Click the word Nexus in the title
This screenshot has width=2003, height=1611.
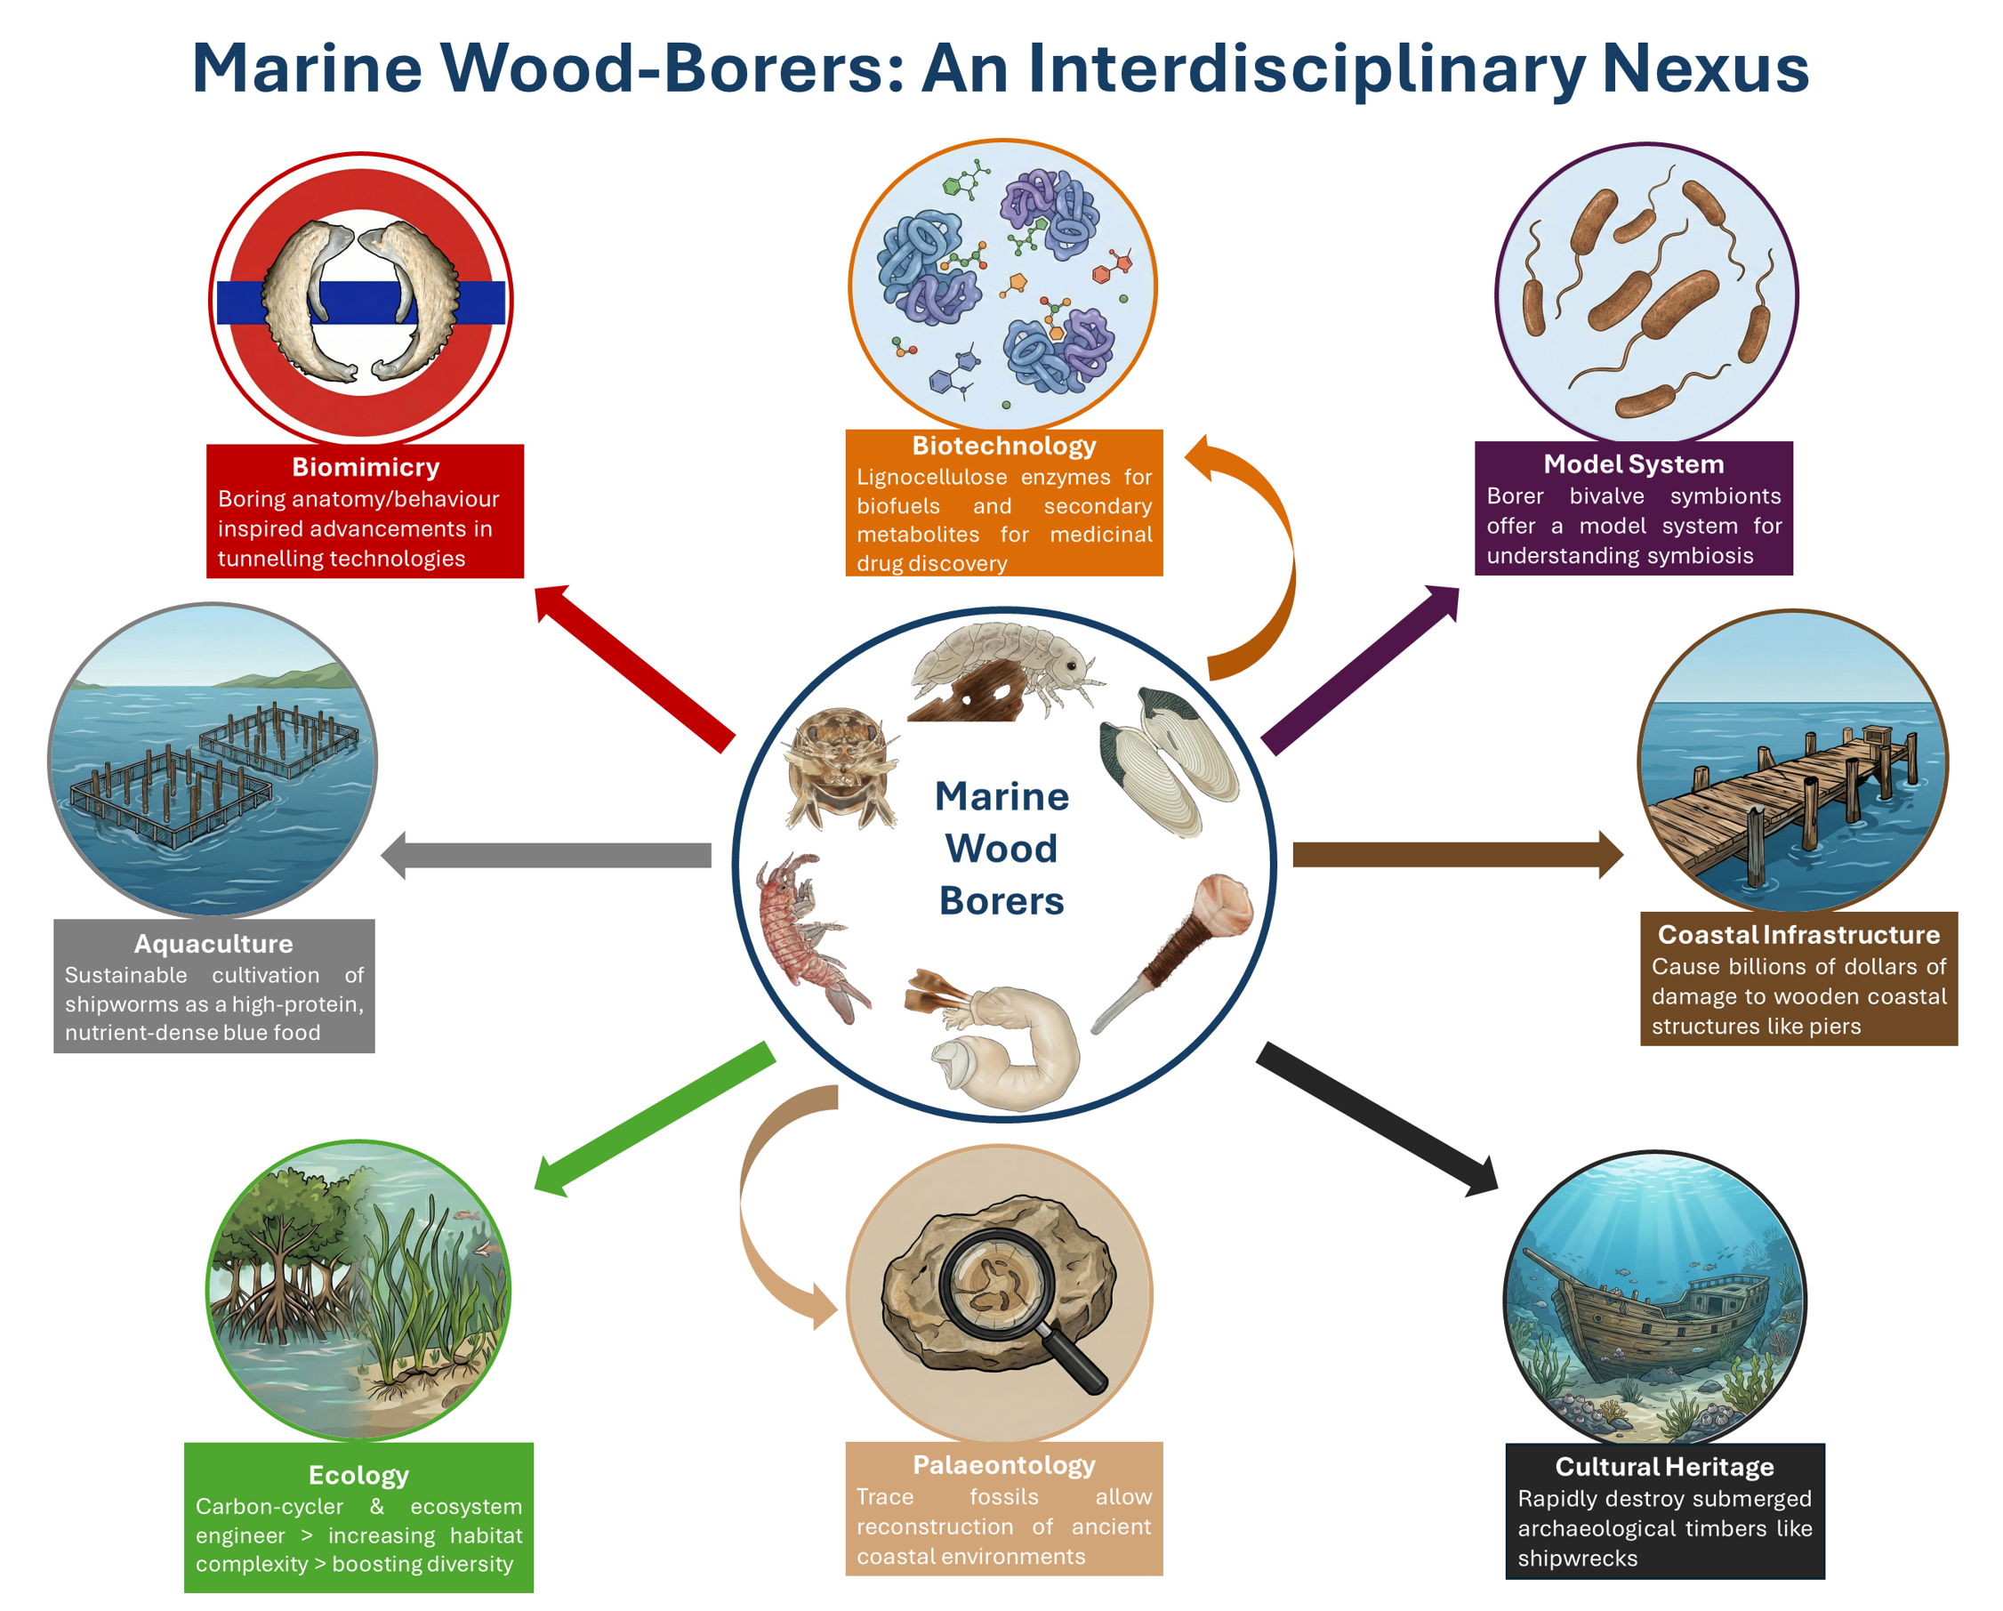1705,69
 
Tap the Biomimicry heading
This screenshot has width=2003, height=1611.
365,466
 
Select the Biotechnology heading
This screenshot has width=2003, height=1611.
1003,445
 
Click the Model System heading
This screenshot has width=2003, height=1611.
1633,463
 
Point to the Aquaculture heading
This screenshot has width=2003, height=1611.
213,943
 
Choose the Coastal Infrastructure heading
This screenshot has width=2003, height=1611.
1798,934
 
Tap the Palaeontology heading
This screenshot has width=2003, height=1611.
1003,1464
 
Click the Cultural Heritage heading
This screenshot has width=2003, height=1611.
1664,1466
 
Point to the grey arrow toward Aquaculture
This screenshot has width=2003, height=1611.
548,855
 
